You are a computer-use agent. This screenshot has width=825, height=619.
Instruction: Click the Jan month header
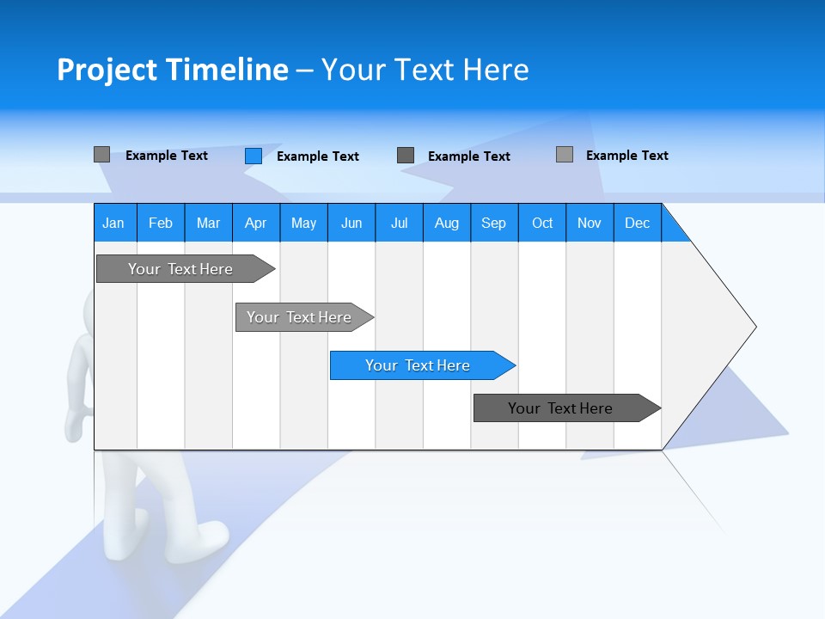click(113, 223)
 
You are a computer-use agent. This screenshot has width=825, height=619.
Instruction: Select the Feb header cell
click(161, 223)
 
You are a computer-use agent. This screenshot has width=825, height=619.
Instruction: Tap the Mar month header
click(208, 223)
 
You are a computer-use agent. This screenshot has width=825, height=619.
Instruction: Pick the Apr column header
click(255, 223)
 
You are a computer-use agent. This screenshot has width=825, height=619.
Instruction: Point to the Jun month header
click(351, 223)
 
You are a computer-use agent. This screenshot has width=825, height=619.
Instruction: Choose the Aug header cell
click(446, 223)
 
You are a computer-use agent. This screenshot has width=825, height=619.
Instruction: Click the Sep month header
click(493, 223)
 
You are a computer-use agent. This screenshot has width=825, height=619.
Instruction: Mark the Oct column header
click(542, 223)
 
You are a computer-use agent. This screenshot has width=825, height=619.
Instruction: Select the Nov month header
click(590, 223)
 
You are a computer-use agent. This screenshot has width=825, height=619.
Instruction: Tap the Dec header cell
click(637, 223)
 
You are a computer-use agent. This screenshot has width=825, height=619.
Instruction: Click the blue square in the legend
click(254, 156)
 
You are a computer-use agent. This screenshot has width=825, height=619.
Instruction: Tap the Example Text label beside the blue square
click(317, 156)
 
